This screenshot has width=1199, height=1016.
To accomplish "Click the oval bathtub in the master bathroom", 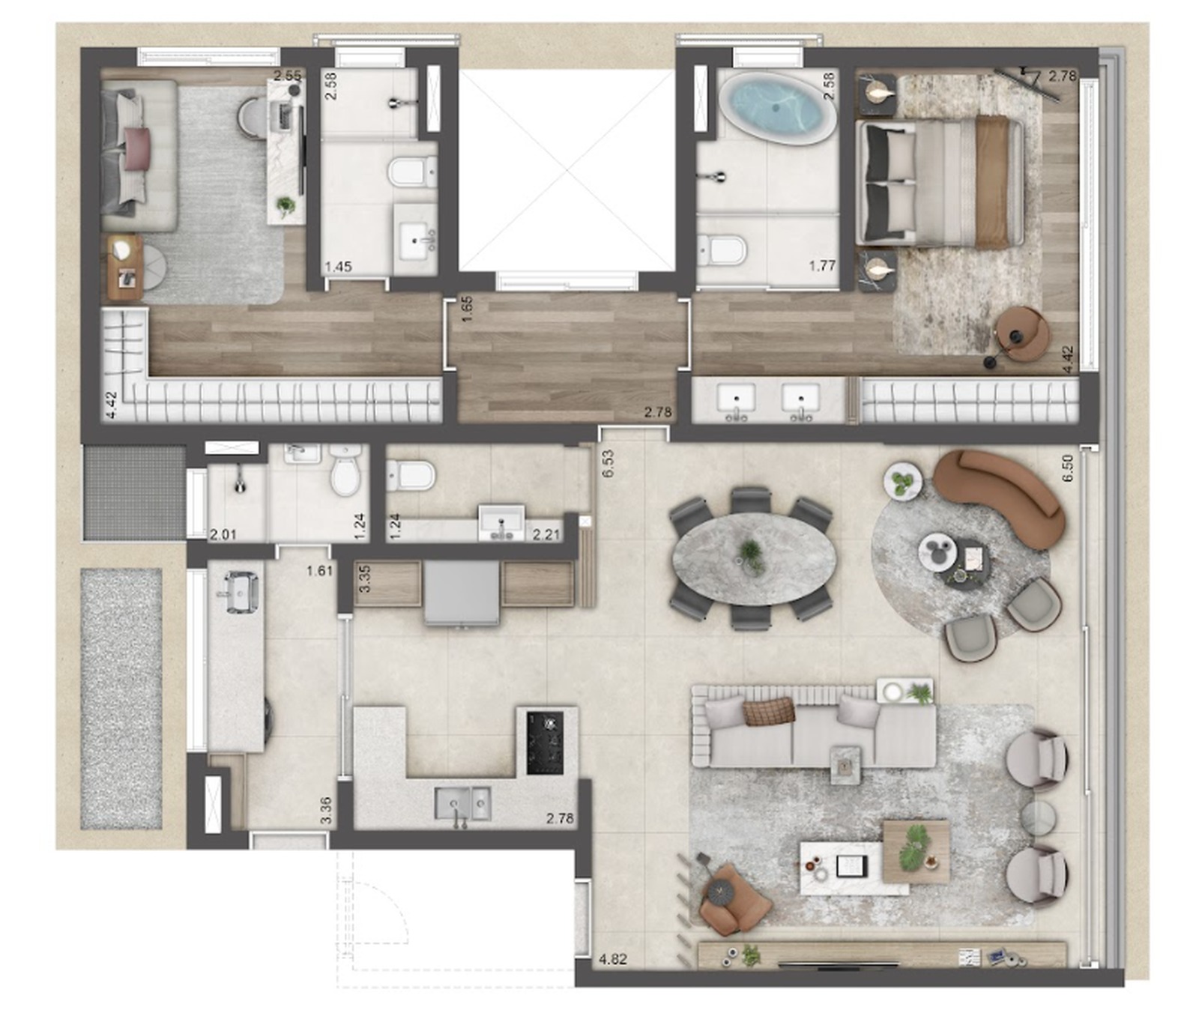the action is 779,107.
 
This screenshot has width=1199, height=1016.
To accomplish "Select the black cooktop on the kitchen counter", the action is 545,743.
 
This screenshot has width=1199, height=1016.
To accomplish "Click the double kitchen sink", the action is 463,803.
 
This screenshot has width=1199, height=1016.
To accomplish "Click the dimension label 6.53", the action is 608,463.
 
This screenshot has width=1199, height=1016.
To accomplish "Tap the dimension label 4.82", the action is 613,959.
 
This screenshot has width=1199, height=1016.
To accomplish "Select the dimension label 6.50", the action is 1067,468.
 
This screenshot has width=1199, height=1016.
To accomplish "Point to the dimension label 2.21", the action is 546,534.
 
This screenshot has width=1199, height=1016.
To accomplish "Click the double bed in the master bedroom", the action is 940,183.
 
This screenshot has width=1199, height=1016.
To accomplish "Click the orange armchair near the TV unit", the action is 733,898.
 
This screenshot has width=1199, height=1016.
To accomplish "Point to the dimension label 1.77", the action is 822,265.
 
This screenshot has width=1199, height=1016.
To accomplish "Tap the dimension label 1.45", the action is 339,266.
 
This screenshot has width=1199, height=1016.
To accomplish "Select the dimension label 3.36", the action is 326,811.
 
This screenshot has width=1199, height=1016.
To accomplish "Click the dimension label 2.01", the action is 223,534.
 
